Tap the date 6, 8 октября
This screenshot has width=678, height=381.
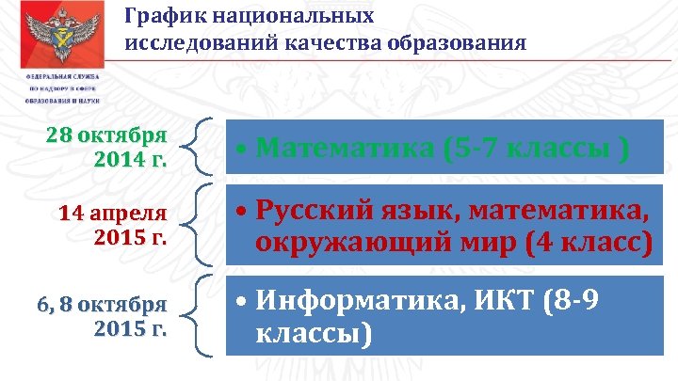(x=102, y=305)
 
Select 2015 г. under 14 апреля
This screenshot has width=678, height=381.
(x=130, y=236)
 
